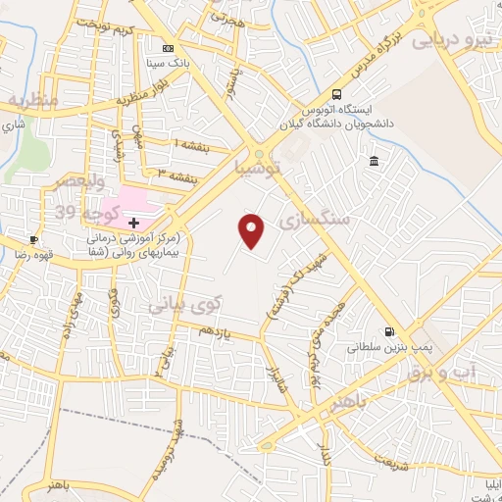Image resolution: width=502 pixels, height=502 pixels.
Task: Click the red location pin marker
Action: click(253, 230)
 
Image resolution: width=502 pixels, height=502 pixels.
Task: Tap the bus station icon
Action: click(337, 94)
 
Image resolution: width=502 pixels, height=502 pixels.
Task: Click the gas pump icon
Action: click(391, 331)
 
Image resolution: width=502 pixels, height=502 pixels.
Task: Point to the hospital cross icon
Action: click(133, 224)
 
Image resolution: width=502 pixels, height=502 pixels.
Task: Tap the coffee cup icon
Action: click(34, 240)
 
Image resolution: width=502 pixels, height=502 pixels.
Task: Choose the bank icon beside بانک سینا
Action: click(169, 47)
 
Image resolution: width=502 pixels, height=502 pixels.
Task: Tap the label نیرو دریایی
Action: click(453, 40)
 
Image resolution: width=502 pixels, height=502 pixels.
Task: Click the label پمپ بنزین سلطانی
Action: click(390, 347)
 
